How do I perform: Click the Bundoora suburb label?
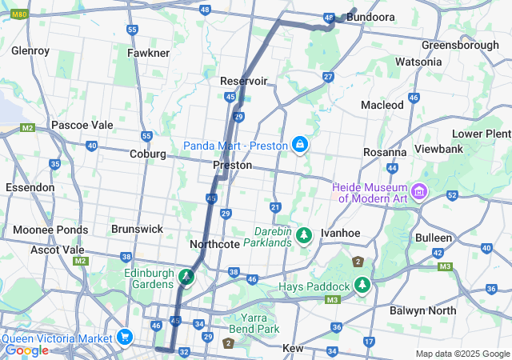click(x=372, y=17)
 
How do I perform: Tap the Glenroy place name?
click(x=30, y=50)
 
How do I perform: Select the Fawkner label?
click(x=148, y=53)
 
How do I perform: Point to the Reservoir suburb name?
click(x=244, y=81)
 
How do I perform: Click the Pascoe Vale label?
click(x=82, y=125)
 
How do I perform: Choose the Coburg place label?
click(x=147, y=154)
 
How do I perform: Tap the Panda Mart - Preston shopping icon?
click(x=299, y=145)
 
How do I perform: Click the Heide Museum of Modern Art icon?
click(x=419, y=192)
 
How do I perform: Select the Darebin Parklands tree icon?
click(x=303, y=235)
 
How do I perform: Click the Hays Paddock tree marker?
click(x=363, y=286)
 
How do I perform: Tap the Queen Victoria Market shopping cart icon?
click(x=124, y=336)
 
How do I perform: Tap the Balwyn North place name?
click(x=422, y=310)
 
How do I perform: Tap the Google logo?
click(x=26, y=350)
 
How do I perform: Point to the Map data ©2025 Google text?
click(x=462, y=354)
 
